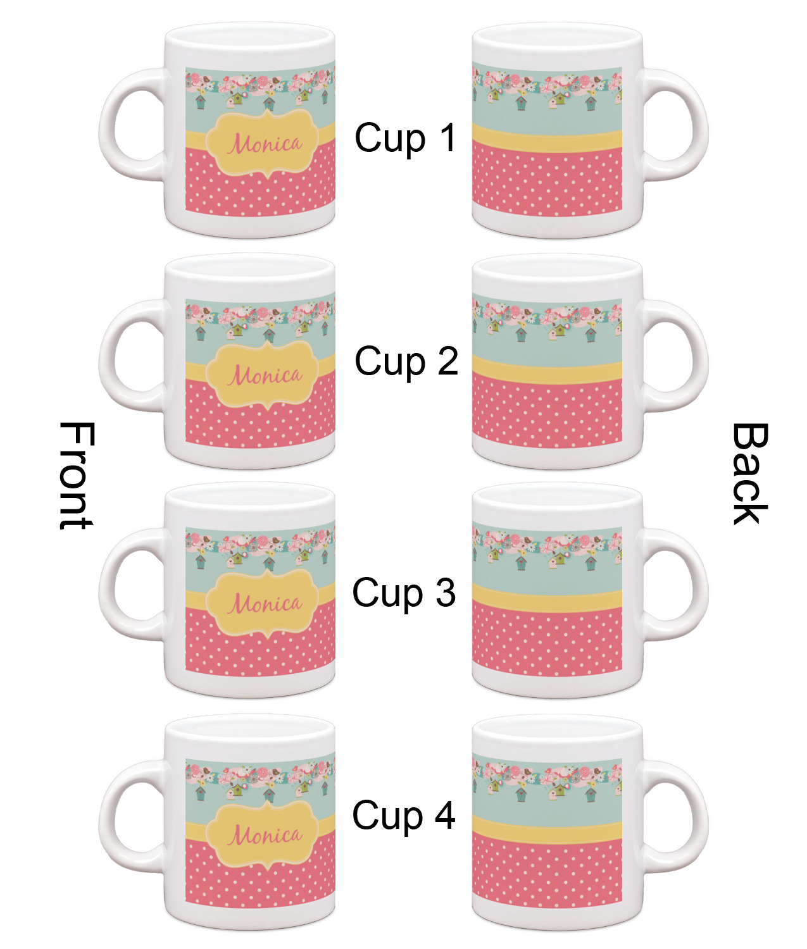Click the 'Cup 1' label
pyautogui.click(x=405, y=138)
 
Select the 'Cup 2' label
pyautogui.click(x=406, y=362)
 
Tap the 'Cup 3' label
pyautogui.click(x=404, y=593)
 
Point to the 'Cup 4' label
pyautogui.click(x=404, y=816)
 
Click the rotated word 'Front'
pyautogui.click(x=77, y=475)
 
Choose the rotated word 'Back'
pyautogui.click(x=751, y=474)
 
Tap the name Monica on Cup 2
pyautogui.click(x=265, y=375)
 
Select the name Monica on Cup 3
pyautogui.click(x=265, y=603)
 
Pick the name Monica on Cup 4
pyautogui.click(x=265, y=835)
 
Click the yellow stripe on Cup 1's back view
pyautogui.click(x=547, y=139)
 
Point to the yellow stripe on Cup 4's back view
pyautogui.click(x=547, y=829)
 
